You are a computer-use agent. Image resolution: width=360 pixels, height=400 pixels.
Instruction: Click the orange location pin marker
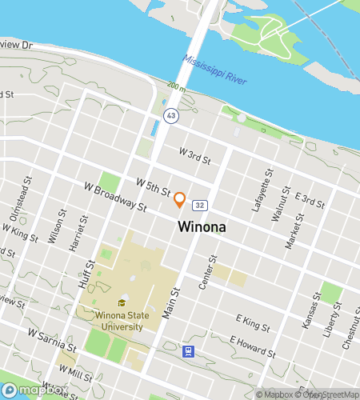pos(180,199)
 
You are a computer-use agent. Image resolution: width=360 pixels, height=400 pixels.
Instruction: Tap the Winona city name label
pos(201,227)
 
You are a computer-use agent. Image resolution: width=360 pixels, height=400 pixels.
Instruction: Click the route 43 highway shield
pos(171,116)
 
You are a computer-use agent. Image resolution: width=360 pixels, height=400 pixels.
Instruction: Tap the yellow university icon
pos(122,302)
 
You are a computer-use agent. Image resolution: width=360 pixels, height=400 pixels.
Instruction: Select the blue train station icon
pos(188,350)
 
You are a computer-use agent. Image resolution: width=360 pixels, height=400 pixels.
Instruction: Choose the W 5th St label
pos(154,187)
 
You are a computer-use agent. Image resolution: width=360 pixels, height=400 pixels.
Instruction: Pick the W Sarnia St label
pos(51,339)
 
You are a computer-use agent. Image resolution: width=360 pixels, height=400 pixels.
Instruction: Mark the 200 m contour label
pos(175,86)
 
